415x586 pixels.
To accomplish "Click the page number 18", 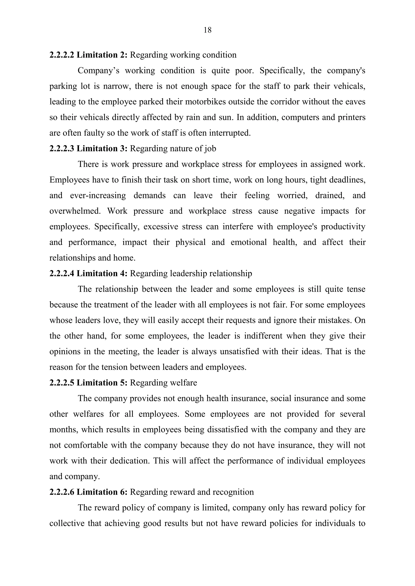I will (x=207, y=30).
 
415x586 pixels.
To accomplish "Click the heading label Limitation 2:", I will (x=102, y=55).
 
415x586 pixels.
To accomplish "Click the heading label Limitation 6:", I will (x=102, y=492).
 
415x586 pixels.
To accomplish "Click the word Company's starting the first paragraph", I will (x=98, y=71).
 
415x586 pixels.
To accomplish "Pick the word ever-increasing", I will (x=98, y=196).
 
